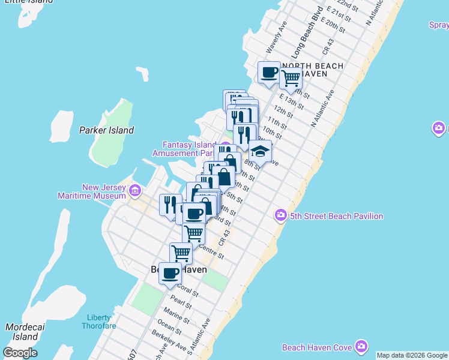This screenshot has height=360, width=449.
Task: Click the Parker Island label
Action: tap(106, 130)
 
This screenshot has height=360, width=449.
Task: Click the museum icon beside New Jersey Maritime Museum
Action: tap(135, 191)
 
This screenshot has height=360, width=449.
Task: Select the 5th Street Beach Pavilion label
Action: tap(336, 216)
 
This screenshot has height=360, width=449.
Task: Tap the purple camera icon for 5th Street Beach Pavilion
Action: tap(280, 215)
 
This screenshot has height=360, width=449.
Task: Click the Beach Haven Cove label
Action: tap(317, 347)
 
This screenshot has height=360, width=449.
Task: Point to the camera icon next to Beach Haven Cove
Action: tap(361, 346)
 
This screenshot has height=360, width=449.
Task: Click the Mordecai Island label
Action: tap(22, 332)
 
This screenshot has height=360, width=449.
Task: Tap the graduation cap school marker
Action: tap(260, 151)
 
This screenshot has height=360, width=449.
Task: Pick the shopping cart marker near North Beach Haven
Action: tap(291, 77)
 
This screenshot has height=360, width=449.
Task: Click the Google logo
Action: tap(20, 353)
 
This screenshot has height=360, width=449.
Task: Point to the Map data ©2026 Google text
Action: tap(412, 355)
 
